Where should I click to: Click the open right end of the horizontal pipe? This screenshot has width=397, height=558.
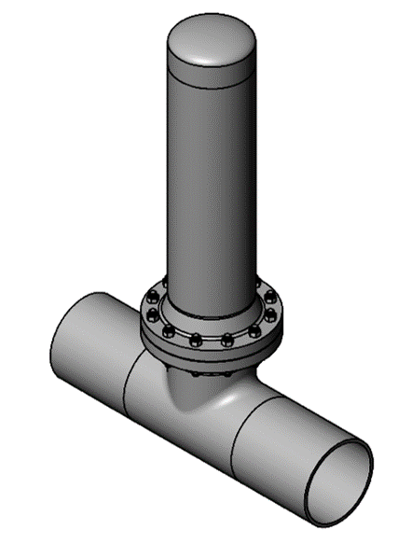tap(337, 480)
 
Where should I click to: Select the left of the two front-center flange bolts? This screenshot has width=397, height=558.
tap(196, 341)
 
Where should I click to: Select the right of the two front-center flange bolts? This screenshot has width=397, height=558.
tap(226, 340)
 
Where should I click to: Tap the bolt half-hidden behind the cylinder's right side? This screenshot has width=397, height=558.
tap(258, 283)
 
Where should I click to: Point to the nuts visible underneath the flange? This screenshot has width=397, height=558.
tap(196, 372)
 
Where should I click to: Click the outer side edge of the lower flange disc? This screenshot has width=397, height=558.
tap(210, 356)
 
